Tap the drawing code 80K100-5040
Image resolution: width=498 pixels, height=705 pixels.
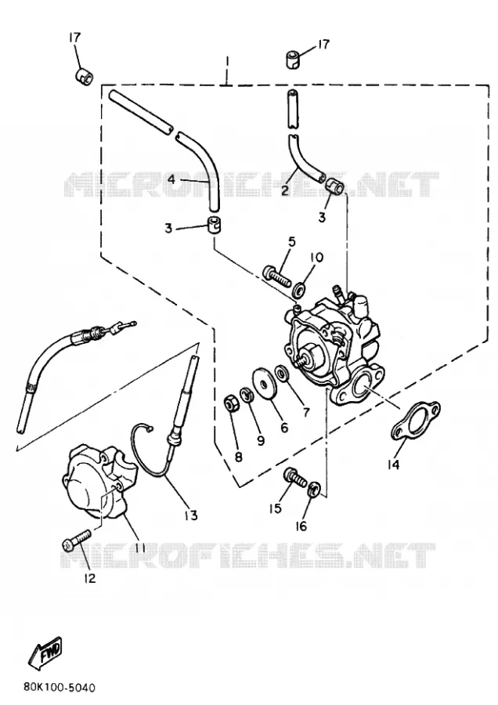(x=59, y=688)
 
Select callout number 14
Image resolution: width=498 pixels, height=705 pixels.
(x=393, y=465)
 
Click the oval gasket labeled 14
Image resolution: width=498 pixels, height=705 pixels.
(x=415, y=418)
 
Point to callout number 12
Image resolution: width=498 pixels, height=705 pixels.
(x=90, y=578)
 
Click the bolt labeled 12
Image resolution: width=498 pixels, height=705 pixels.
(x=77, y=540)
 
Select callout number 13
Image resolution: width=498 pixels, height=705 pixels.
(x=191, y=515)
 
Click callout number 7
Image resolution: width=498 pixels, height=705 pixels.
(x=306, y=411)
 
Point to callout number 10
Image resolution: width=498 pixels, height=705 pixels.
(x=316, y=258)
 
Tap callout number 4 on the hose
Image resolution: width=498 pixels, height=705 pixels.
(x=171, y=179)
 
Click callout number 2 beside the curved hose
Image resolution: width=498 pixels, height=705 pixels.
(x=284, y=190)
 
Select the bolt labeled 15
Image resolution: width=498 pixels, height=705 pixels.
(x=294, y=478)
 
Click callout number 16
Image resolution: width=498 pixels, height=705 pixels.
(x=301, y=525)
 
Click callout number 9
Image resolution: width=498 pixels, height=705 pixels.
(x=261, y=440)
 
